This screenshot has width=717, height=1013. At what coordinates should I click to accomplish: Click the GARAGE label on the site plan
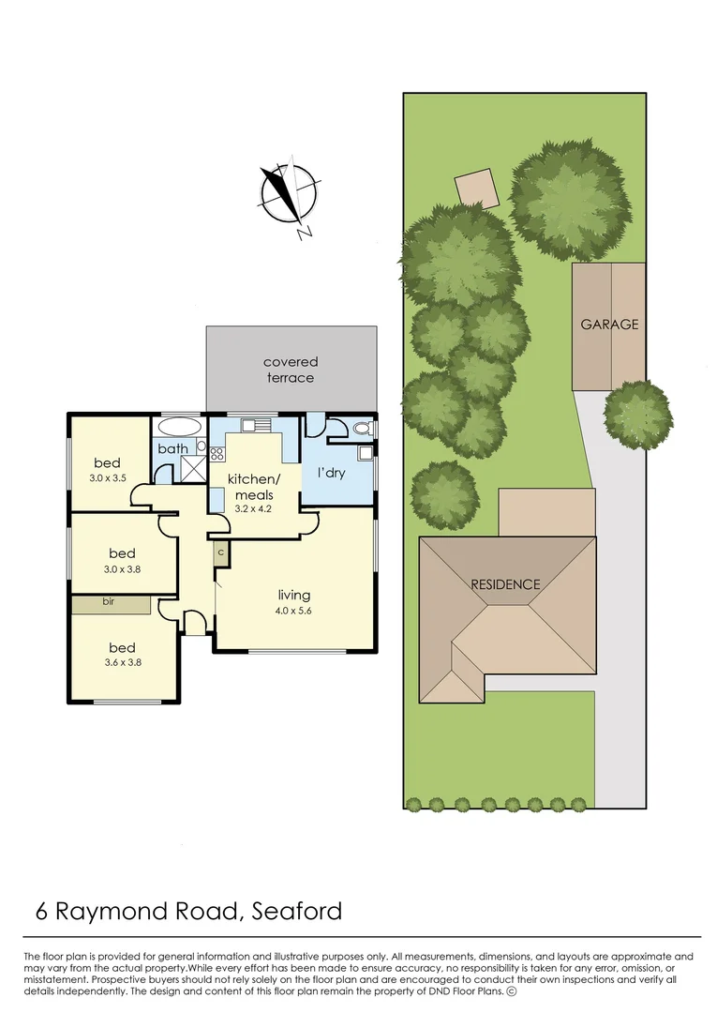(x=609, y=325)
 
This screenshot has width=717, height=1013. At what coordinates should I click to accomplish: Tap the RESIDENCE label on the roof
(x=505, y=584)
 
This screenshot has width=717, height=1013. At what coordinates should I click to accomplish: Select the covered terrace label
(x=291, y=370)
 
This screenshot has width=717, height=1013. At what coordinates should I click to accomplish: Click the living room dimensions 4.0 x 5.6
(x=293, y=611)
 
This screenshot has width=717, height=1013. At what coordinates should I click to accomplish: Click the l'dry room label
(x=331, y=473)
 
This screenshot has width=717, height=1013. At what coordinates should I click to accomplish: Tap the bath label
(x=173, y=448)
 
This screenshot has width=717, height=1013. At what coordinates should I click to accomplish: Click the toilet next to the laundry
(x=362, y=429)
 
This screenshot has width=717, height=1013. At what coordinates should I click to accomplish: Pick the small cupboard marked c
(x=220, y=553)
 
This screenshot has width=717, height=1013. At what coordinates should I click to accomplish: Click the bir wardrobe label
(x=109, y=601)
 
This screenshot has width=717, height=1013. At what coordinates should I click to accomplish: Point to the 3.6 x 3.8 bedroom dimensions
(x=122, y=662)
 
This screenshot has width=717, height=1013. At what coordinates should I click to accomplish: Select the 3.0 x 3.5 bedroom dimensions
(x=107, y=478)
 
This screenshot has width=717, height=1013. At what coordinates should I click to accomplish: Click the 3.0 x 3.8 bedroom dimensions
(x=122, y=569)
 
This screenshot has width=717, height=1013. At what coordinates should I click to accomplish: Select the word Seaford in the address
(x=297, y=911)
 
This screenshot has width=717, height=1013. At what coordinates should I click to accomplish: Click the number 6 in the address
(x=42, y=911)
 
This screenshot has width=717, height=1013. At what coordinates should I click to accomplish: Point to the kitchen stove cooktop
(x=217, y=454)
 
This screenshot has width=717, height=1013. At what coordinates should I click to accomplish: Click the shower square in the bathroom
(x=192, y=468)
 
